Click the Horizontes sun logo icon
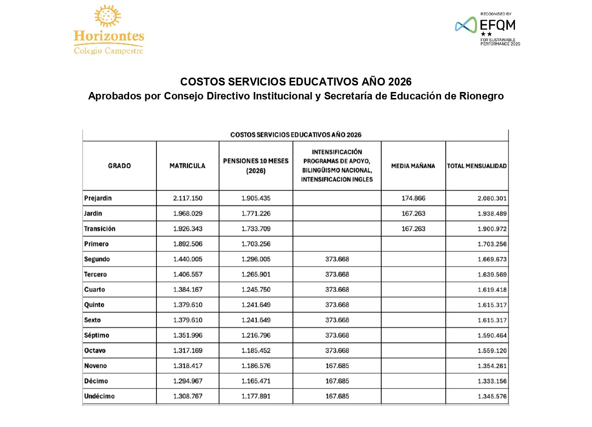click(x=107, y=17)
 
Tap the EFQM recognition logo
click(x=487, y=29)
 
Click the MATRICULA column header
click(x=187, y=166)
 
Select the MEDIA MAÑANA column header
click(x=413, y=166)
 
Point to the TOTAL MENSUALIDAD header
click(x=476, y=166)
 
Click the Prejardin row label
click(x=98, y=198)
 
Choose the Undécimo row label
click(x=99, y=396)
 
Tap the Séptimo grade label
click(x=97, y=335)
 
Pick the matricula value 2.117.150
click(x=188, y=198)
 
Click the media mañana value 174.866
click(x=413, y=198)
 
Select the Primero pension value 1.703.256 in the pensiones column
click(x=256, y=243)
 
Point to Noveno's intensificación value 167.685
click(x=337, y=366)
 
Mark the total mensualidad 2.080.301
click(x=492, y=198)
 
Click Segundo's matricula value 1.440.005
click(x=188, y=259)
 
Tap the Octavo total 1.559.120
click(x=492, y=351)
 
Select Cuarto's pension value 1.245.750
click(x=256, y=289)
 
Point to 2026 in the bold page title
click(x=400, y=82)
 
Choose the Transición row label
click(x=100, y=229)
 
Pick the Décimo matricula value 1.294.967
click(x=188, y=381)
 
